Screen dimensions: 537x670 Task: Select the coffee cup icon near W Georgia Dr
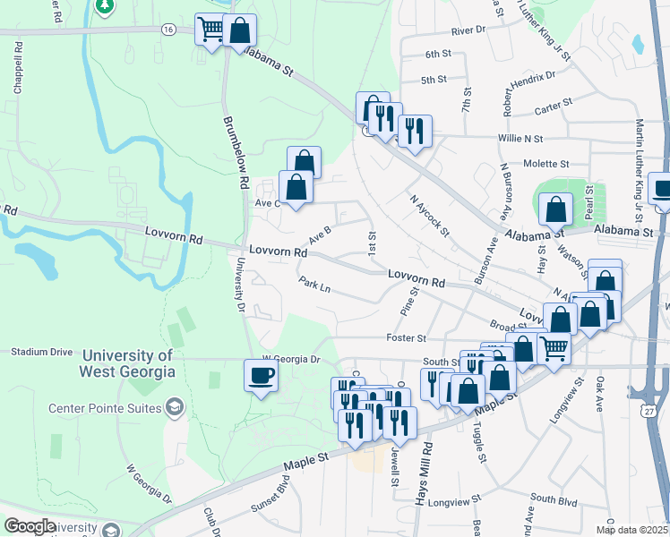pyautogui.click(x=262, y=376)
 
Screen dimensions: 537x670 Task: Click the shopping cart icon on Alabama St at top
pyautogui.click(x=211, y=30)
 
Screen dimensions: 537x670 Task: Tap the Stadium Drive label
pyautogui.click(x=41, y=352)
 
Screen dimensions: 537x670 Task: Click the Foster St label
pyautogui.click(x=406, y=338)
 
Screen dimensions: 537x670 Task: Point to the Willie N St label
pyautogui.click(x=520, y=140)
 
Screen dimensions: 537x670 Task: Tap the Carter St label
pyautogui.click(x=553, y=106)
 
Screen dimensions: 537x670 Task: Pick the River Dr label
pyautogui.click(x=468, y=30)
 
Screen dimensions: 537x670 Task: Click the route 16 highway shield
pyautogui.click(x=168, y=29)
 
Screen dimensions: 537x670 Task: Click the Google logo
pyautogui.click(x=30, y=526)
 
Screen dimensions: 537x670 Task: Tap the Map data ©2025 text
pyautogui.click(x=632, y=530)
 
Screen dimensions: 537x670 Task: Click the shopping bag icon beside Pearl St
pyautogui.click(x=556, y=210)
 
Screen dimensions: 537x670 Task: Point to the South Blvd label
pyautogui.click(x=554, y=498)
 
